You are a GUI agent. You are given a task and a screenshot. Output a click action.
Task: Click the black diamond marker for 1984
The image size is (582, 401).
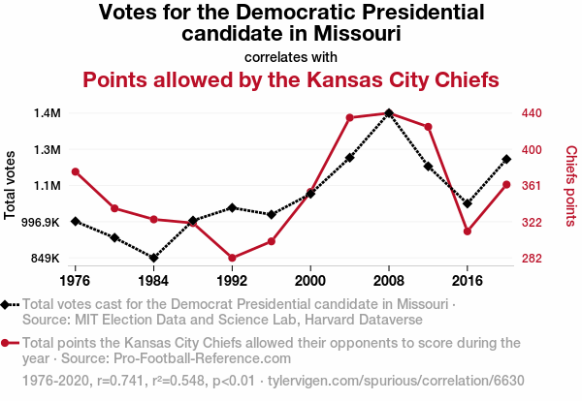pyautogui.click(x=153, y=258)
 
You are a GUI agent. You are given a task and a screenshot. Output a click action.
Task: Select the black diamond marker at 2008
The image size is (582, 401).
pyautogui.click(x=389, y=113)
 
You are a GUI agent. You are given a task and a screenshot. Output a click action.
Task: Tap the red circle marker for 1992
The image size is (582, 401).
pyautogui.click(x=232, y=258)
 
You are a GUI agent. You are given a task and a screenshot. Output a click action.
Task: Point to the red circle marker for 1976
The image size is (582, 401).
pyautogui.click(x=75, y=172)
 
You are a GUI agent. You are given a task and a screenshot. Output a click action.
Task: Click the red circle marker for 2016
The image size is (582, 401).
pyautogui.click(x=468, y=231)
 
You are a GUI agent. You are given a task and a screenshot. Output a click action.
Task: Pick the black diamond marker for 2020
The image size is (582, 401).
pyautogui.click(x=506, y=159)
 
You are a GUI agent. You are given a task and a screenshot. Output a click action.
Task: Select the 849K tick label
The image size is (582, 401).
pyautogui.click(x=43, y=259)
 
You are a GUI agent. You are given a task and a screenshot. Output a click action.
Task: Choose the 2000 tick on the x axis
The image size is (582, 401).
pyautogui.click(x=310, y=281)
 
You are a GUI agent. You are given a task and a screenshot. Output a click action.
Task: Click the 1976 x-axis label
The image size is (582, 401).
pyautogui.click(x=75, y=281)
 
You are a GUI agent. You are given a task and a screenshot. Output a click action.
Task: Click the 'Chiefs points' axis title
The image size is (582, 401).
pyautogui.click(x=571, y=185)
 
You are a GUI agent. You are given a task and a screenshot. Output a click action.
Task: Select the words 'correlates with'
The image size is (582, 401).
pyautogui.click(x=291, y=55)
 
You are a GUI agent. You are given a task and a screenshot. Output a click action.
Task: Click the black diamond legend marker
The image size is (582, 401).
pyautogui.click(x=10, y=305)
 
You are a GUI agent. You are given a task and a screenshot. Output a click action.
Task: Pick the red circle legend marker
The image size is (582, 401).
pyautogui.click(x=10, y=343)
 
